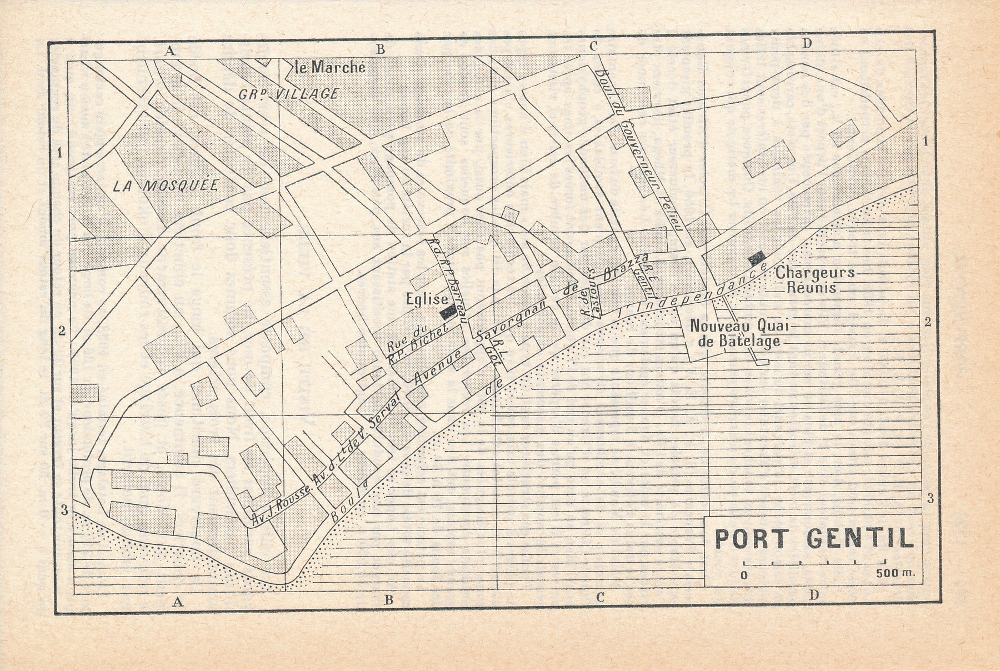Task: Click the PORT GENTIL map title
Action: (813, 538)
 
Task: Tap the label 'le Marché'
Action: (331, 68)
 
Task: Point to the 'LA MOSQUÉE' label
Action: (165, 186)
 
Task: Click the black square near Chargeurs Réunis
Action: (757, 258)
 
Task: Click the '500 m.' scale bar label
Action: (894, 574)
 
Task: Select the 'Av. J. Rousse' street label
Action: (276, 509)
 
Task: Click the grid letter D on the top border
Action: (807, 44)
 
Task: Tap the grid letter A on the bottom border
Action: (177, 601)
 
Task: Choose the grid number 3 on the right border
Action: (930, 498)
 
